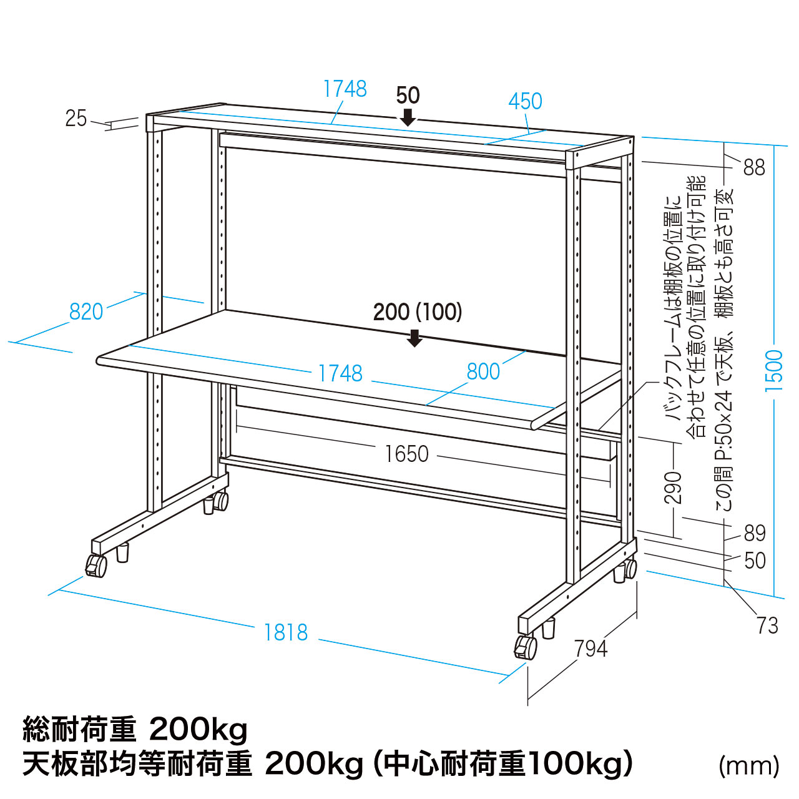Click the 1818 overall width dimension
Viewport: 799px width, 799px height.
[x=286, y=632]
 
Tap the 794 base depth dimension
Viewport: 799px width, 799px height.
[x=591, y=649]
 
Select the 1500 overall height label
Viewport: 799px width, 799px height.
[x=773, y=370]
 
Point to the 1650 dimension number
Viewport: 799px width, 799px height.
[x=407, y=454]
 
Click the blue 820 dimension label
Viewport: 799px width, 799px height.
[x=86, y=311]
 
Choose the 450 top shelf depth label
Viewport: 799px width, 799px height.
[x=526, y=101]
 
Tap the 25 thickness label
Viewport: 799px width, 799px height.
[x=76, y=119]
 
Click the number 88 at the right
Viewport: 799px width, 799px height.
[x=754, y=168]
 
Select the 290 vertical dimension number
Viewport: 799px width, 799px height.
[x=672, y=487]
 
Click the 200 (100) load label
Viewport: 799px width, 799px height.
[x=418, y=312]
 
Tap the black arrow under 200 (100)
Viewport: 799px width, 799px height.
[x=414, y=338]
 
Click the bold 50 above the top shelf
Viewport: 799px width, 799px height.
[x=408, y=96]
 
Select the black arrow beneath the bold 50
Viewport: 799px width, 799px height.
[x=408, y=117]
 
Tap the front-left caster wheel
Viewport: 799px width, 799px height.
[x=96, y=566]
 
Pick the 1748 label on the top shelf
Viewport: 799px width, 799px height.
[x=345, y=89]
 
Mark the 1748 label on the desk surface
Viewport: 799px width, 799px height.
[x=340, y=373]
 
